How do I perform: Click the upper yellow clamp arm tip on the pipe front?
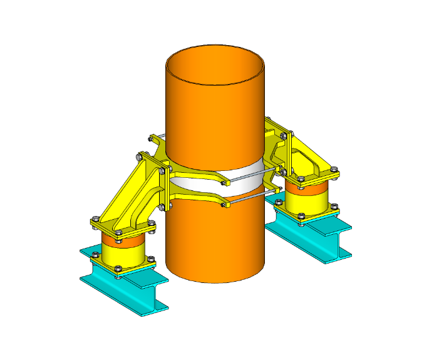[x=220, y=181]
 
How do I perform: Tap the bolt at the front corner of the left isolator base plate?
[x=119, y=270]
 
